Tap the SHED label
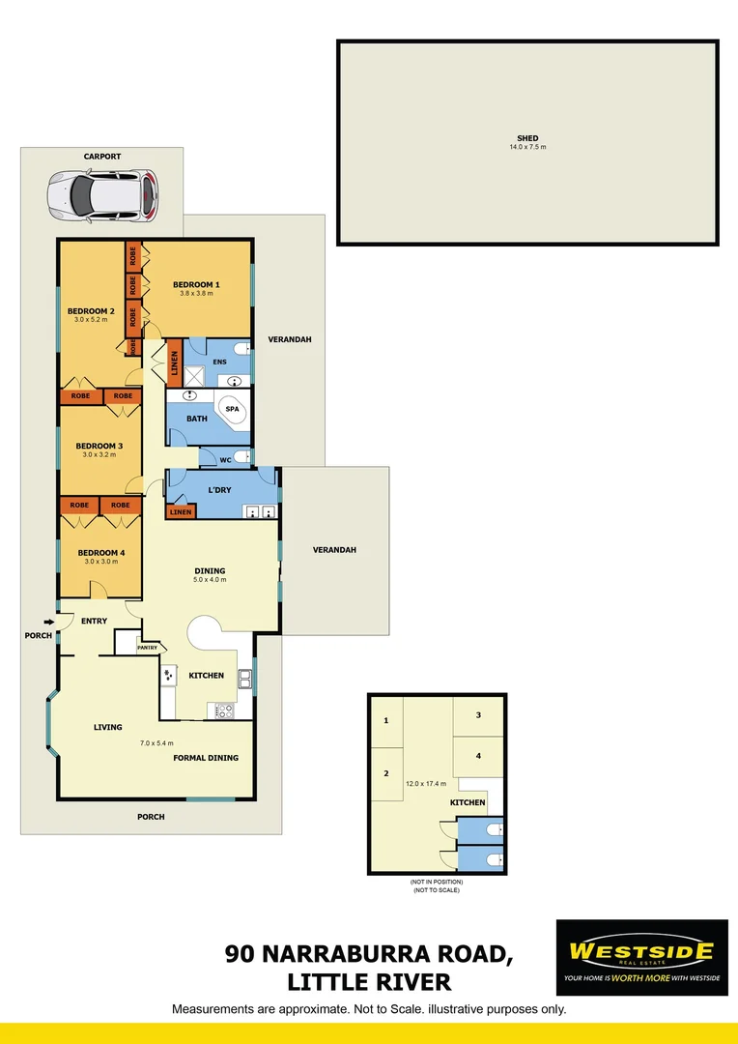[527, 138]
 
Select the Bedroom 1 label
[196, 284]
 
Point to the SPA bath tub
[231, 411]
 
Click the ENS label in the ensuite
[219, 362]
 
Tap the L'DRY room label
[219, 490]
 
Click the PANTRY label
[148, 648]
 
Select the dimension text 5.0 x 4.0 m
[210, 580]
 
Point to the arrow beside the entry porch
[48, 622]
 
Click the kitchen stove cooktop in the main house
[223, 710]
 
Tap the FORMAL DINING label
[206, 758]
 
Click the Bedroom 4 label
[99, 552]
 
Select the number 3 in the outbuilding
[478, 715]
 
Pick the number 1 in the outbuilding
[385, 721]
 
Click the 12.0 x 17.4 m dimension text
[426, 783]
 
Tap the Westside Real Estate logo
[641, 957]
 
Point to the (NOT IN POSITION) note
[437, 882]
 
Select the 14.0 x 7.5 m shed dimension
[527, 147]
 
